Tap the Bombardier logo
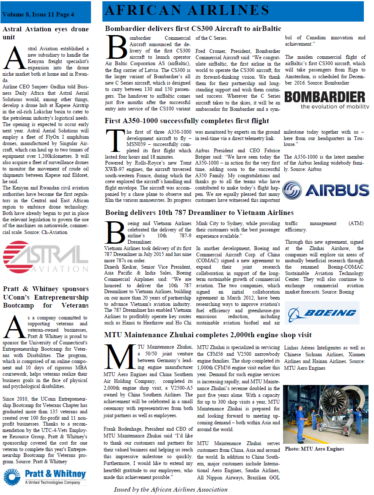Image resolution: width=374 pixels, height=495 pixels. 326,100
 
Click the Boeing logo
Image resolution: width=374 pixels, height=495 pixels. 322,313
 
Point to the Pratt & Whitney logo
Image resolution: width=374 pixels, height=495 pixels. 45,476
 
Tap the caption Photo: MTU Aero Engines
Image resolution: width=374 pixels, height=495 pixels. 314,448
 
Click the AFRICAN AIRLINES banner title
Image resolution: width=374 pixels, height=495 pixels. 187,11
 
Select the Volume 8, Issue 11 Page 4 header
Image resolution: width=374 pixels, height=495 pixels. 38,14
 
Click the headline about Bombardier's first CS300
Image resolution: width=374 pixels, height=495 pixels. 193,29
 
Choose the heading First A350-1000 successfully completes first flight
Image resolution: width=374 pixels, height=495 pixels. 187,121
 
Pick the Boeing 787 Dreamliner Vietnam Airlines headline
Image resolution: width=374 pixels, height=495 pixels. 199,212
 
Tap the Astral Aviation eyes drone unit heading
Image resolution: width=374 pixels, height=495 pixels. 46,33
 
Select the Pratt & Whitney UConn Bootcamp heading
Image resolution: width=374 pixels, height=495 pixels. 46,297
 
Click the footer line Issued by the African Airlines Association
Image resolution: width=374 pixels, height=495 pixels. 170,489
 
